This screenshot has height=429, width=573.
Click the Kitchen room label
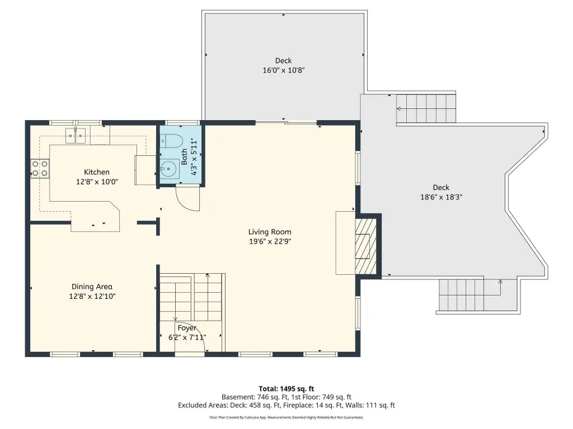pos(96,172)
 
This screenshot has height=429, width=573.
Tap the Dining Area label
pos(92,287)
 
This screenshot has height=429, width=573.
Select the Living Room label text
pos(270,232)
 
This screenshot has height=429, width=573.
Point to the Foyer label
pos(187,328)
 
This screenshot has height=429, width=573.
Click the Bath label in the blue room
pos(184,157)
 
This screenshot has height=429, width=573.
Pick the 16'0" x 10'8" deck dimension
pos(284,70)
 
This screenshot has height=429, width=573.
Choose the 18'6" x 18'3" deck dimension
pos(441,197)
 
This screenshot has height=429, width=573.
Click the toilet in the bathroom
pos(171,141)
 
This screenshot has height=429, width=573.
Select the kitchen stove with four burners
pos(40,169)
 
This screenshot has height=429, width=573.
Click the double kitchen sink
pos(76,136)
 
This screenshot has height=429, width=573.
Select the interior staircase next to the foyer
pos(192,297)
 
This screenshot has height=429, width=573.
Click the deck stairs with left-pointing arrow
pos(426,108)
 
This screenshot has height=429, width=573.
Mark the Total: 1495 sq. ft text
pos(286,389)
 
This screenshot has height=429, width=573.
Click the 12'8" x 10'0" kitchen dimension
pos(97,182)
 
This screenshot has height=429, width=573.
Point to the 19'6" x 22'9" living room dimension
pos(270,241)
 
